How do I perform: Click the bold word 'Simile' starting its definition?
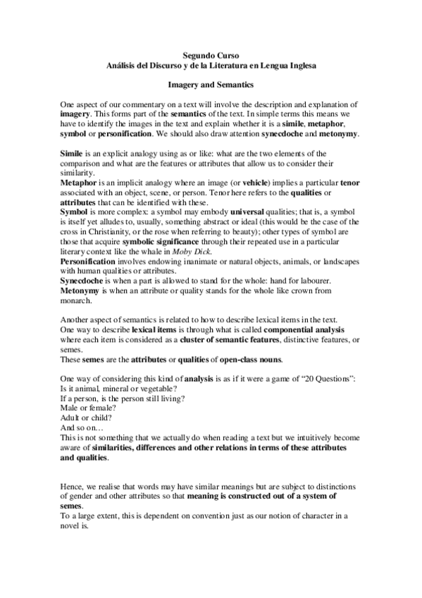pos(72,153)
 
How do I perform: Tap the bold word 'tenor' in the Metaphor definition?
pos(349,182)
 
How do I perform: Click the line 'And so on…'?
pos(82,428)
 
